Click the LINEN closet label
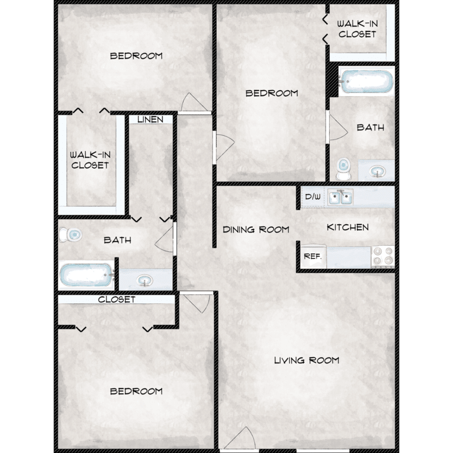(x=150, y=120)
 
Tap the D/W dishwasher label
(x=313, y=197)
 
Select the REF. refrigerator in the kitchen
(x=313, y=257)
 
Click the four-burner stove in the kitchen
(x=383, y=257)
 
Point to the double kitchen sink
(x=340, y=198)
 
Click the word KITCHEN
(x=347, y=227)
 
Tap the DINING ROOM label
(x=256, y=230)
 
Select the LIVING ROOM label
(x=306, y=360)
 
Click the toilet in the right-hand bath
(x=343, y=169)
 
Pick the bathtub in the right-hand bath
(x=366, y=81)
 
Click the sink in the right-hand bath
(x=377, y=172)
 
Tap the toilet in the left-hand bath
(x=70, y=234)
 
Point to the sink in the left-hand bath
(x=144, y=280)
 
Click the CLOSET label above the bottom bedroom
(x=117, y=300)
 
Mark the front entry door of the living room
(x=240, y=440)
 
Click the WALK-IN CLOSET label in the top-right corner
(x=358, y=29)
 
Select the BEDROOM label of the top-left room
(x=137, y=56)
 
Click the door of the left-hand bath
(x=165, y=239)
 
